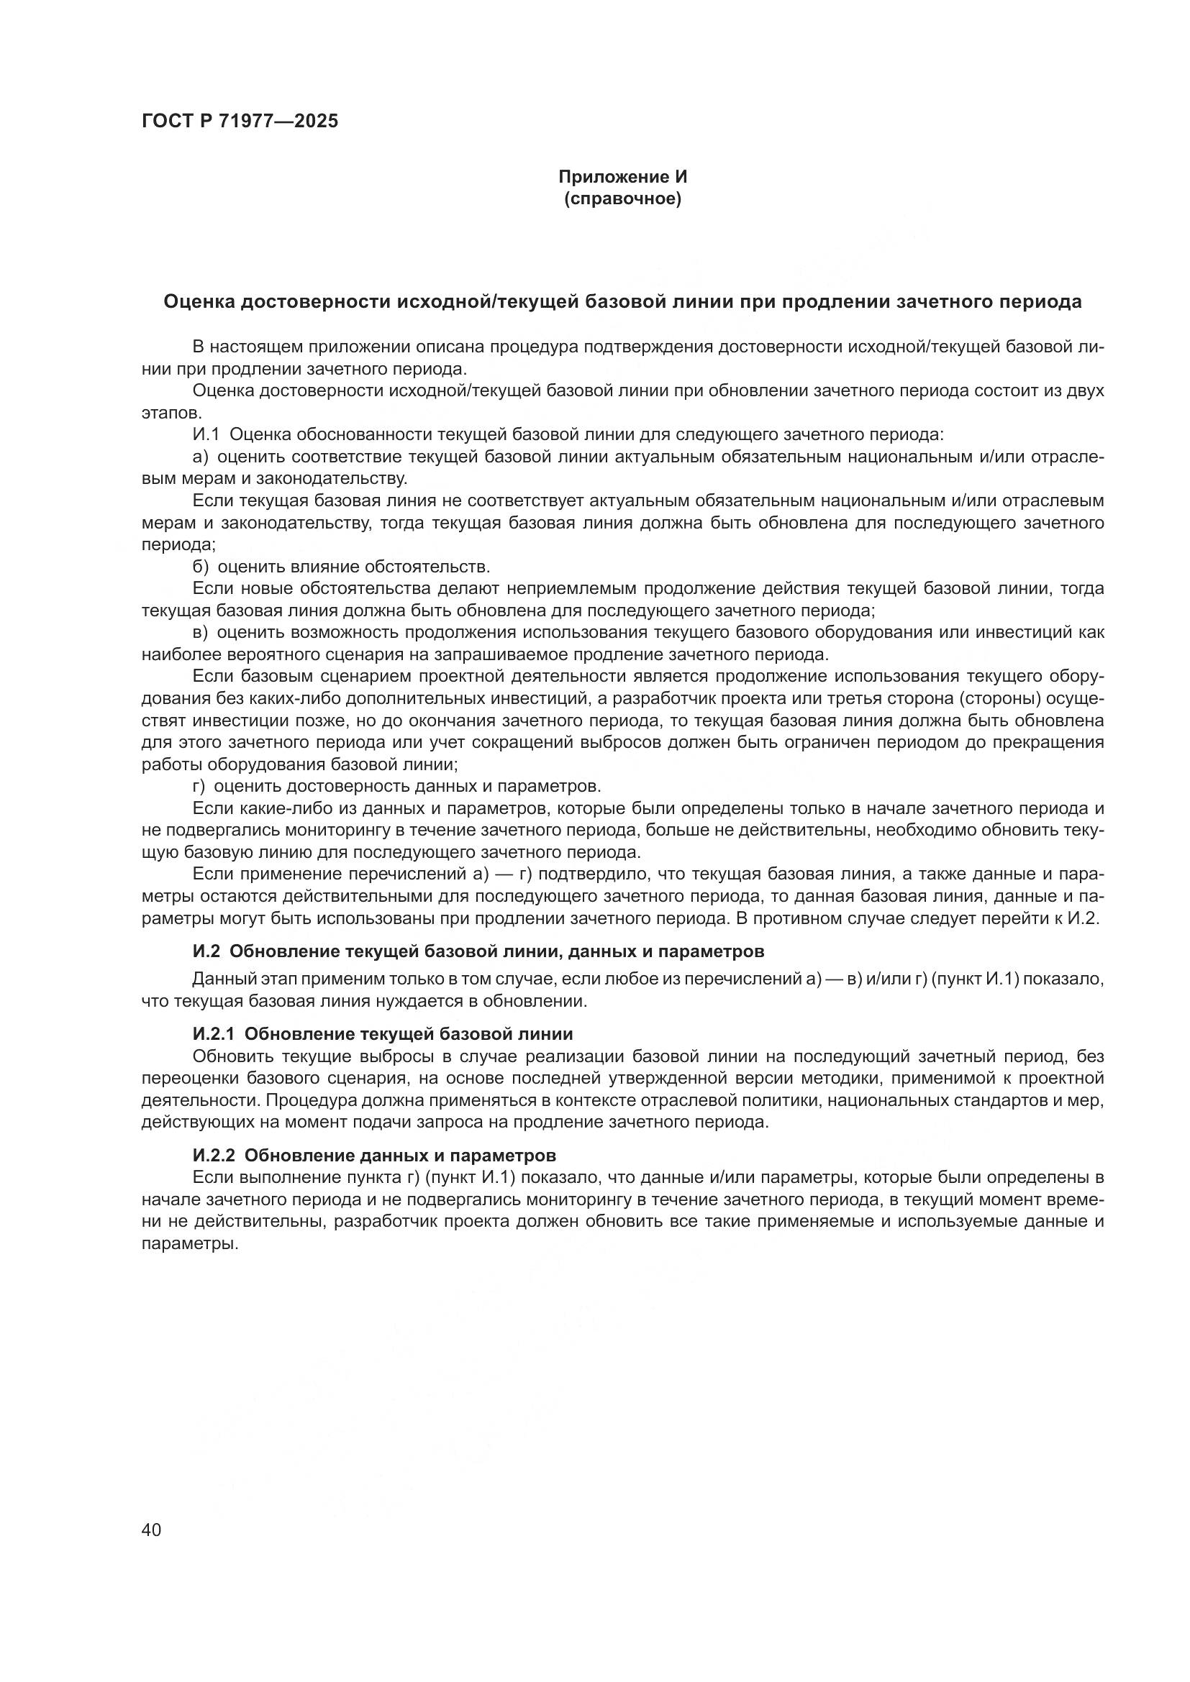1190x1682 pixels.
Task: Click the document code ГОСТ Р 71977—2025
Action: pos(240,122)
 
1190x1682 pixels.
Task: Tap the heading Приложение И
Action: pos(623,177)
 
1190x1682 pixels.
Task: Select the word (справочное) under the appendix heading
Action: pos(623,198)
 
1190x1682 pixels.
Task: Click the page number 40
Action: pos(152,1529)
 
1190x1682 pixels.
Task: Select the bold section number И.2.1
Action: pos(213,1033)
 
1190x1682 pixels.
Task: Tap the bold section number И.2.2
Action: pos(213,1156)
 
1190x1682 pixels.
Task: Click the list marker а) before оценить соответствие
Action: pos(200,457)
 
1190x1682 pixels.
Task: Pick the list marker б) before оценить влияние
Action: pos(200,567)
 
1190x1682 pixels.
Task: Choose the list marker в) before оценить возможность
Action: pos(200,632)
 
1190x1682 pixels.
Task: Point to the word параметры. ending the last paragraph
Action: pos(190,1244)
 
